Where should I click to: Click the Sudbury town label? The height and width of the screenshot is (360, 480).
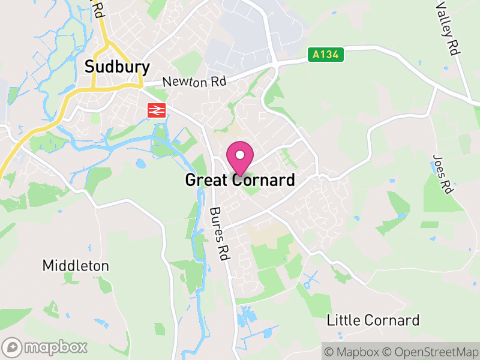coord(117,66)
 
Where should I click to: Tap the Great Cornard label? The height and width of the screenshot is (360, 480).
coord(240,180)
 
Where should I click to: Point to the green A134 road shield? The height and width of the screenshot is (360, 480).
coord(326,55)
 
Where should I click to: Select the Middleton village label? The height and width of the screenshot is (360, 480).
coord(76,265)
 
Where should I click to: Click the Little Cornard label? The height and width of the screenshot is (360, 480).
coord(373,320)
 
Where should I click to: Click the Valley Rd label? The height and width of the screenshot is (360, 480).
coord(448,26)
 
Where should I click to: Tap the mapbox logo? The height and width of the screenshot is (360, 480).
coord(46,347)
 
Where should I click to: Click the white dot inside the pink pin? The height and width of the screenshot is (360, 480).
coord(240,155)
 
